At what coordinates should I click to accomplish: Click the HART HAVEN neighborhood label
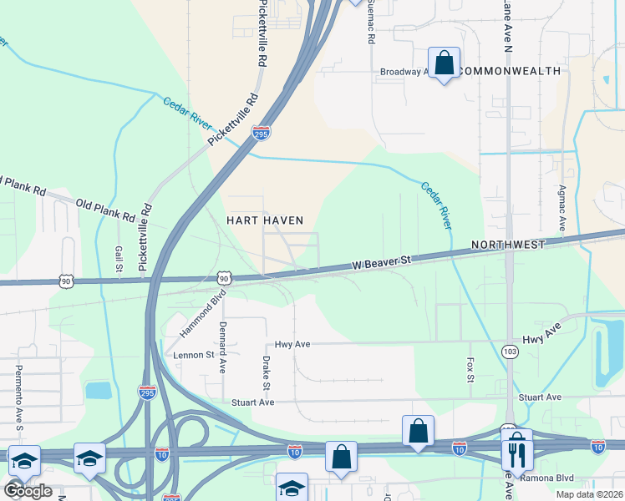(265, 220)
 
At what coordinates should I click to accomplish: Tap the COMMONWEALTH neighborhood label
(510, 71)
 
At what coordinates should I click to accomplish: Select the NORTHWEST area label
(508, 245)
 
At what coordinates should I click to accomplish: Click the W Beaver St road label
(383, 262)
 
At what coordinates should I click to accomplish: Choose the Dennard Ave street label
(223, 346)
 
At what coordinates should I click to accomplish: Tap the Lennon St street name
(194, 354)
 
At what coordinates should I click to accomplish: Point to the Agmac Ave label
(562, 208)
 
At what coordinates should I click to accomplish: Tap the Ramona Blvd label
(546, 478)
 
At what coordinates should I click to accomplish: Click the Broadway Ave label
(404, 72)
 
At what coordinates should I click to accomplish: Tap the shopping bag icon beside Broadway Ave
(444, 62)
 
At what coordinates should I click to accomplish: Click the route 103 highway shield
(508, 354)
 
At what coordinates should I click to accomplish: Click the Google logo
(28, 490)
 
